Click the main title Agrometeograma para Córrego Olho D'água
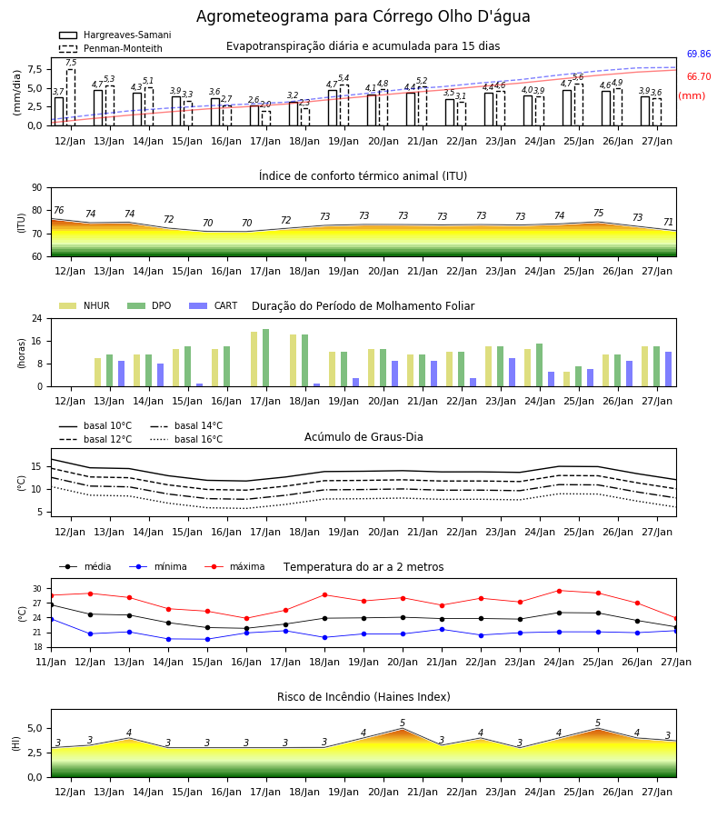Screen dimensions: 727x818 [363, 16]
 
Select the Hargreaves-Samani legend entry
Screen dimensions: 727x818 [115, 35]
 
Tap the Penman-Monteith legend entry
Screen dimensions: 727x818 [111, 48]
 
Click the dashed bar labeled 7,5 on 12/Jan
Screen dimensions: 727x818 [71, 97]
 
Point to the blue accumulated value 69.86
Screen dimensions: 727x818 [699, 54]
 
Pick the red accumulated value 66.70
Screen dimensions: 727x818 [699, 76]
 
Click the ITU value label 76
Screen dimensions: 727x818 [58, 210]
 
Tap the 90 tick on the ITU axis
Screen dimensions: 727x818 [37, 188]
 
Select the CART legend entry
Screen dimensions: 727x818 [214, 305]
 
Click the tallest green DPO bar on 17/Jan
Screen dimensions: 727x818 [266, 358]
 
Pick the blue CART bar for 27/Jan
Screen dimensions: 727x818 [669, 369]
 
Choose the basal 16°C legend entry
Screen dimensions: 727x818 [186, 439]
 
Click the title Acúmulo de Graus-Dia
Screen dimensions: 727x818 [363, 437]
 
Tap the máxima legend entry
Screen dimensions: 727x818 [234, 566]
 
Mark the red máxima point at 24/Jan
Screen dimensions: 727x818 [559, 591]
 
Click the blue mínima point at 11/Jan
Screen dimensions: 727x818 [52, 619]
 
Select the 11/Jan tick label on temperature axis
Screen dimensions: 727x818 [51, 662]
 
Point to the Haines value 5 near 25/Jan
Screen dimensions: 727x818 [598, 723]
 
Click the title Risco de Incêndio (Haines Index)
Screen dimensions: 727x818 [363, 697]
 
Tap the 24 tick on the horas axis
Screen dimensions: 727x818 [37, 318]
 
